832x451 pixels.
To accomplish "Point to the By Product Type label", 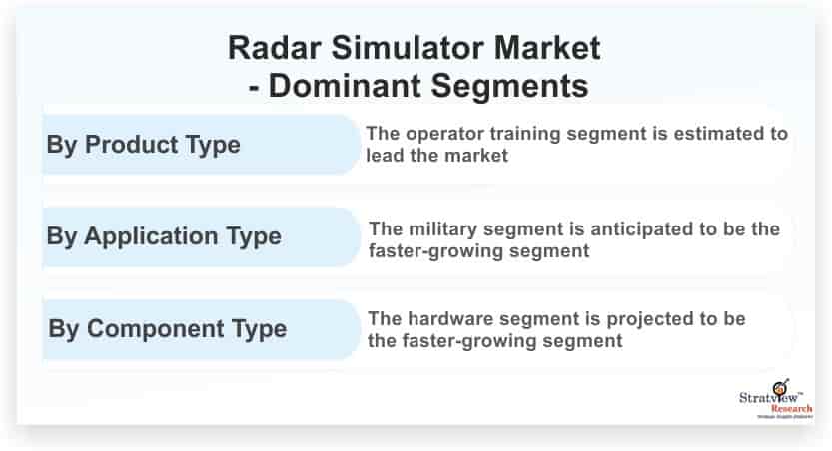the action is [143, 145].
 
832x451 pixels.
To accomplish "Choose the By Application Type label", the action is [164, 236].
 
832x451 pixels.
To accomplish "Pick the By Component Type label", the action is [168, 329].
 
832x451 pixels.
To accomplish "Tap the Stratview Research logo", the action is [776, 399].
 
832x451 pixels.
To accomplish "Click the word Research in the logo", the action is [791, 409].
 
